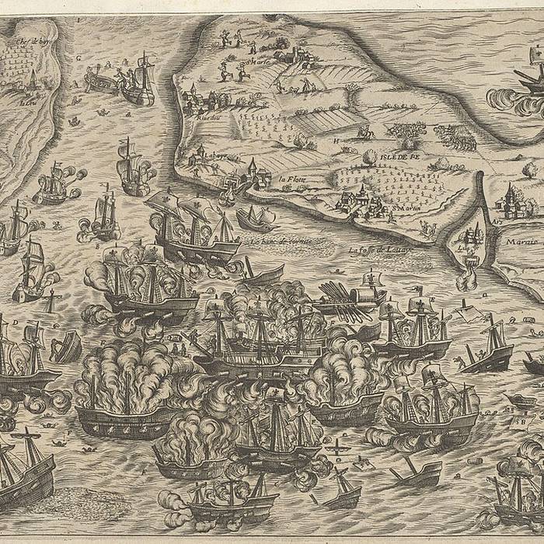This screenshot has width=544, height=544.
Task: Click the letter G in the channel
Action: (78, 56)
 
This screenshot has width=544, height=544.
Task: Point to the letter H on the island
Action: (336, 141)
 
